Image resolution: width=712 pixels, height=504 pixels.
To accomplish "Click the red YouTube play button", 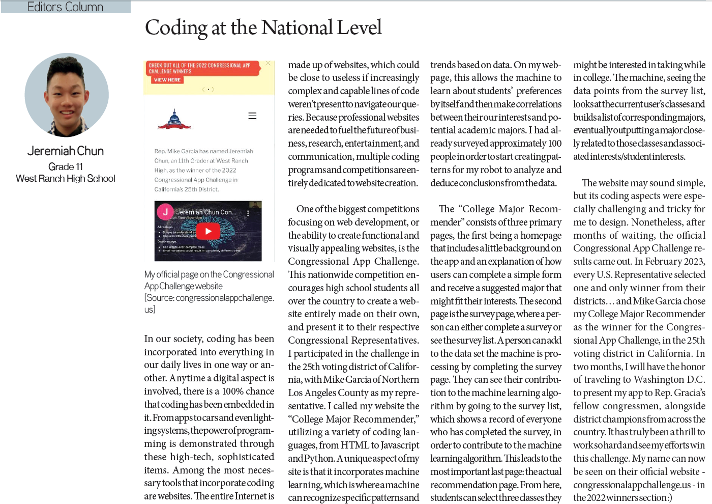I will coord(208,231).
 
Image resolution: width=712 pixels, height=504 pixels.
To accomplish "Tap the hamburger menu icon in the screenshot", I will coord(252,116).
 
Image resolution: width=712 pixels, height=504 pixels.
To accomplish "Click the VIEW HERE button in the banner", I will coord(167,80).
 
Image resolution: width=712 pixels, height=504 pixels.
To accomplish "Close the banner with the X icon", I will coord(268,64).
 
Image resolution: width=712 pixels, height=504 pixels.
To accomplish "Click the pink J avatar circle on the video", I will coord(165,212).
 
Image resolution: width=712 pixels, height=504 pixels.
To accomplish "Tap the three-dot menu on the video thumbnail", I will coord(248,213).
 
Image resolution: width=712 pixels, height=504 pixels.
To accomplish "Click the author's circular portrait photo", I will coord(67,95).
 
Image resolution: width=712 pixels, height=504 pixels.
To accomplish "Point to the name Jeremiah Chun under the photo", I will coord(66,151).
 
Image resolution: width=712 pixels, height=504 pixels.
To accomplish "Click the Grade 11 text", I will coord(66,166).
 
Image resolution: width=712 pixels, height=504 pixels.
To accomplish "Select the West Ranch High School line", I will coord(66,179).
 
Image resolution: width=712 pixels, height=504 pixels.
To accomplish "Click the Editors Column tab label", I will coord(65,7).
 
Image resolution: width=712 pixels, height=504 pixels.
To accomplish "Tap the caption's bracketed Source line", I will coord(209,303).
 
